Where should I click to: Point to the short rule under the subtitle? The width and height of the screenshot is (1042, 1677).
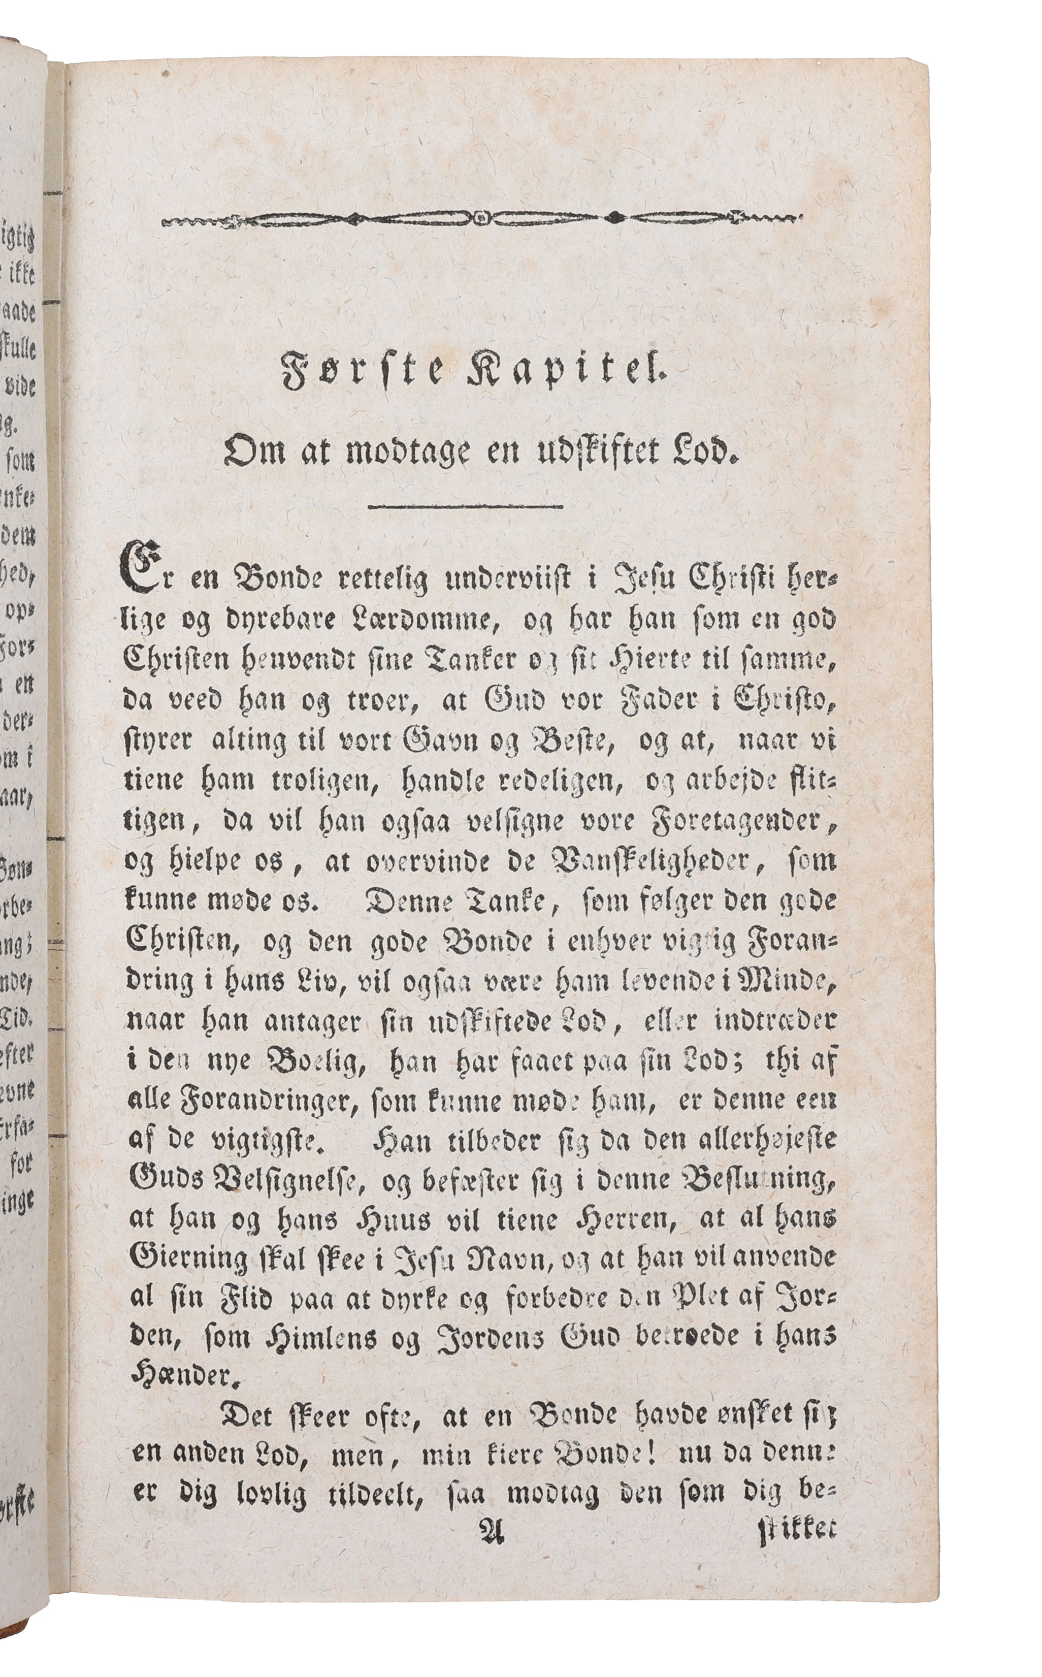[x=466, y=508]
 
